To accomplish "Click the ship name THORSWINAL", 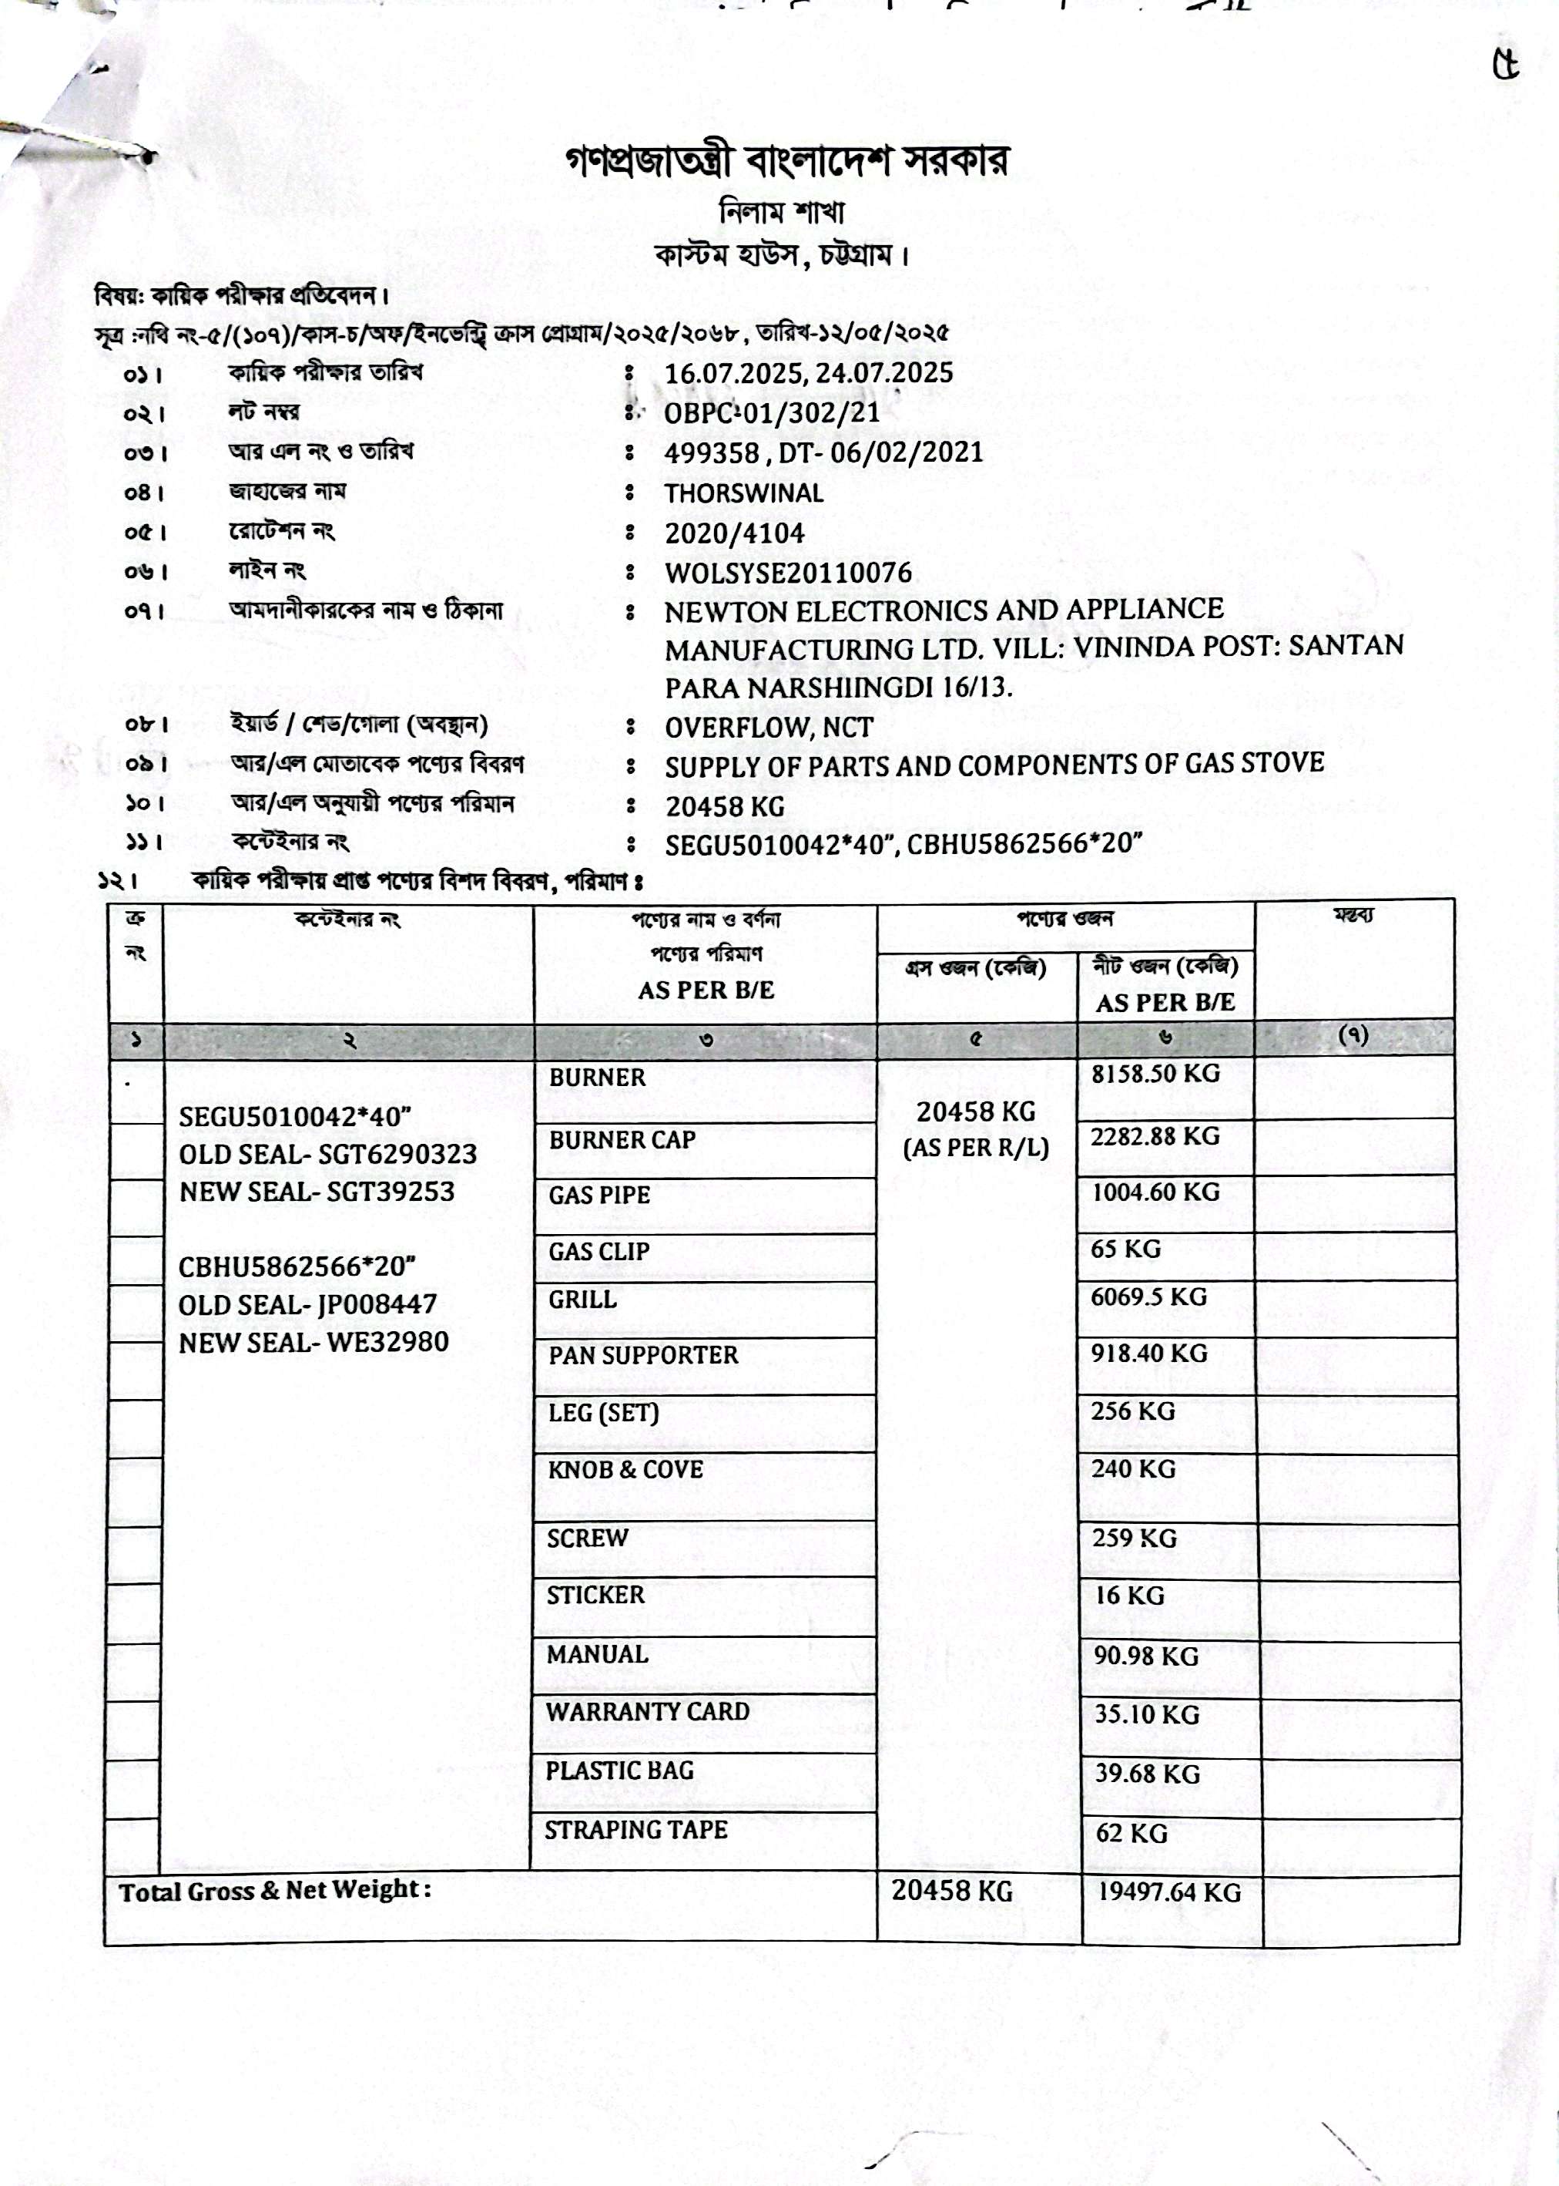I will [744, 493].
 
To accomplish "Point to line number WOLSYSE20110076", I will [788, 573].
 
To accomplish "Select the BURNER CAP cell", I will [622, 1140].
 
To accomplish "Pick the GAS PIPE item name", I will [599, 1196].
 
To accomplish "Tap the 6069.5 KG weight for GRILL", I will [1148, 1296].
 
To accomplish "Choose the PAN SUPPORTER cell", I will [643, 1355].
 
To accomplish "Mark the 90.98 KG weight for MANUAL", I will [1146, 1656].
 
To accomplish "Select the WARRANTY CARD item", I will [648, 1711].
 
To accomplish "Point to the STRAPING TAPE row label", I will [635, 1830].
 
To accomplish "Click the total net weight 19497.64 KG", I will [1169, 1892].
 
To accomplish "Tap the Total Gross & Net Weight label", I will [274, 1891].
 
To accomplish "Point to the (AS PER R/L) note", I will [975, 1148].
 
